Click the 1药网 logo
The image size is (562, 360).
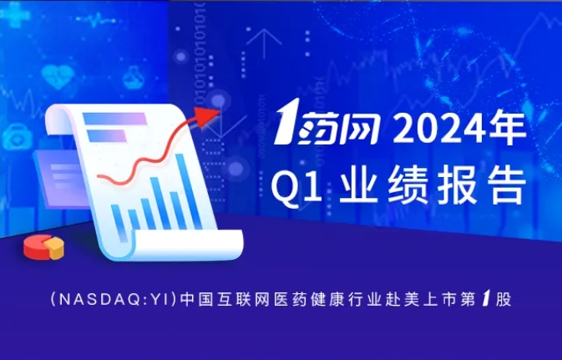327,122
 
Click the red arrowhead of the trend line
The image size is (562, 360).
207,115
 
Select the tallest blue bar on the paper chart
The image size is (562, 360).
189,191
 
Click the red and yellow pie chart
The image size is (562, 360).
43,246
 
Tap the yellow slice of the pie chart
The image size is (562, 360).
54,248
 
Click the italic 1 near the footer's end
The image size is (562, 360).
486,299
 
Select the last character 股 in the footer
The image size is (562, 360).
504,300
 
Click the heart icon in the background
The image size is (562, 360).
58,76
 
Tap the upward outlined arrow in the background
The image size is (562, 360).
264,43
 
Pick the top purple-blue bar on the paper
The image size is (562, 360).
114,119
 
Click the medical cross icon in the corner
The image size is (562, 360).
14,15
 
